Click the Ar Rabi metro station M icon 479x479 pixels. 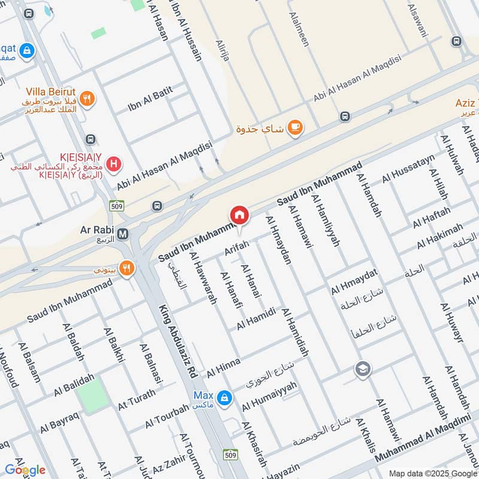tap(123, 234)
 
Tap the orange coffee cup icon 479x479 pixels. tap(295, 128)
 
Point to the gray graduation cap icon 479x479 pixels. tap(362, 368)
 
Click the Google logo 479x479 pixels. tap(25, 470)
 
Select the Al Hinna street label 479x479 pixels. tap(223, 367)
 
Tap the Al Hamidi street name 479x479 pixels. tap(256, 318)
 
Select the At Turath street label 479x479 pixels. tap(137, 398)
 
